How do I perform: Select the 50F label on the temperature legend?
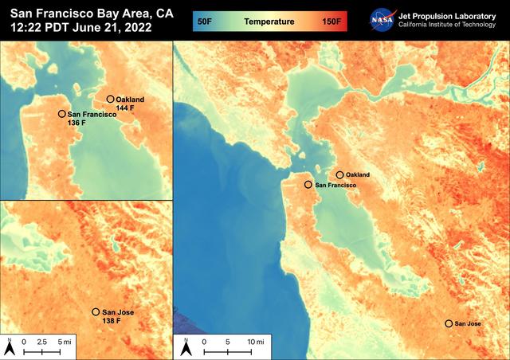(204, 21)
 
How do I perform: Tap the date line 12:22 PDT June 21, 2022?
(80, 29)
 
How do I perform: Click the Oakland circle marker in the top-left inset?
(110, 100)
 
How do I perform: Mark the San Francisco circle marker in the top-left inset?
(62, 114)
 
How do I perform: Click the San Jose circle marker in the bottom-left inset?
(96, 312)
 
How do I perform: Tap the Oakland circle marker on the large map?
(340, 174)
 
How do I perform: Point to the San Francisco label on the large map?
(335, 185)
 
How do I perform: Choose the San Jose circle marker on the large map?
(449, 323)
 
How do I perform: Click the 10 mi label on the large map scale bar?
(256, 341)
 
